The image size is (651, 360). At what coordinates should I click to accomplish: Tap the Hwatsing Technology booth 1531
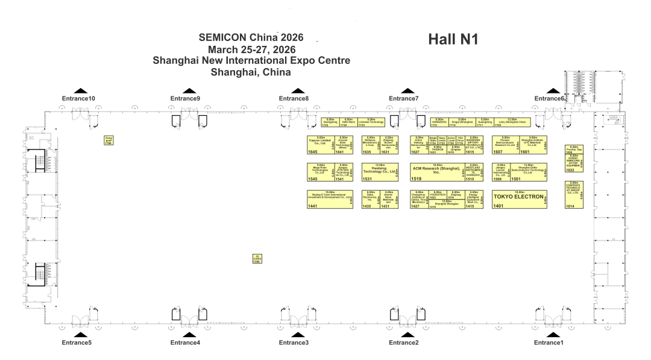(x=380, y=172)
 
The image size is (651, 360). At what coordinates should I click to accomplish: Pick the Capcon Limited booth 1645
(x=320, y=145)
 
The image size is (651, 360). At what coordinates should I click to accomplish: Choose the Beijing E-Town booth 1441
(x=330, y=199)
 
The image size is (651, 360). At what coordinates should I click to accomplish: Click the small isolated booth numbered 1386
(x=256, y=259)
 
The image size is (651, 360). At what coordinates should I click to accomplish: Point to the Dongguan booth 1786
(x=108, y=141)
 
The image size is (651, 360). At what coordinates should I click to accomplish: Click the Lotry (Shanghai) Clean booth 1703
(x=511, y=122)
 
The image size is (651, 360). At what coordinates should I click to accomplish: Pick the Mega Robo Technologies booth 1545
(x=320, y=172)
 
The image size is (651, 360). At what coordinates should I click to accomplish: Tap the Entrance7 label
(x=403, y=98)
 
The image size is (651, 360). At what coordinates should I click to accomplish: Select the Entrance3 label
(x=294, y=343)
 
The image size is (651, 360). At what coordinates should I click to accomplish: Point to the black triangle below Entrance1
(x=549, y=335)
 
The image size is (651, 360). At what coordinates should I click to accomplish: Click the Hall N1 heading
(x=453, y=40)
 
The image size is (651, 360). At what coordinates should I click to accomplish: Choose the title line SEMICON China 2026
(x=251, y=37)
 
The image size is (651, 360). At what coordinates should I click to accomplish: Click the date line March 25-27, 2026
(x=251, y=49)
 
